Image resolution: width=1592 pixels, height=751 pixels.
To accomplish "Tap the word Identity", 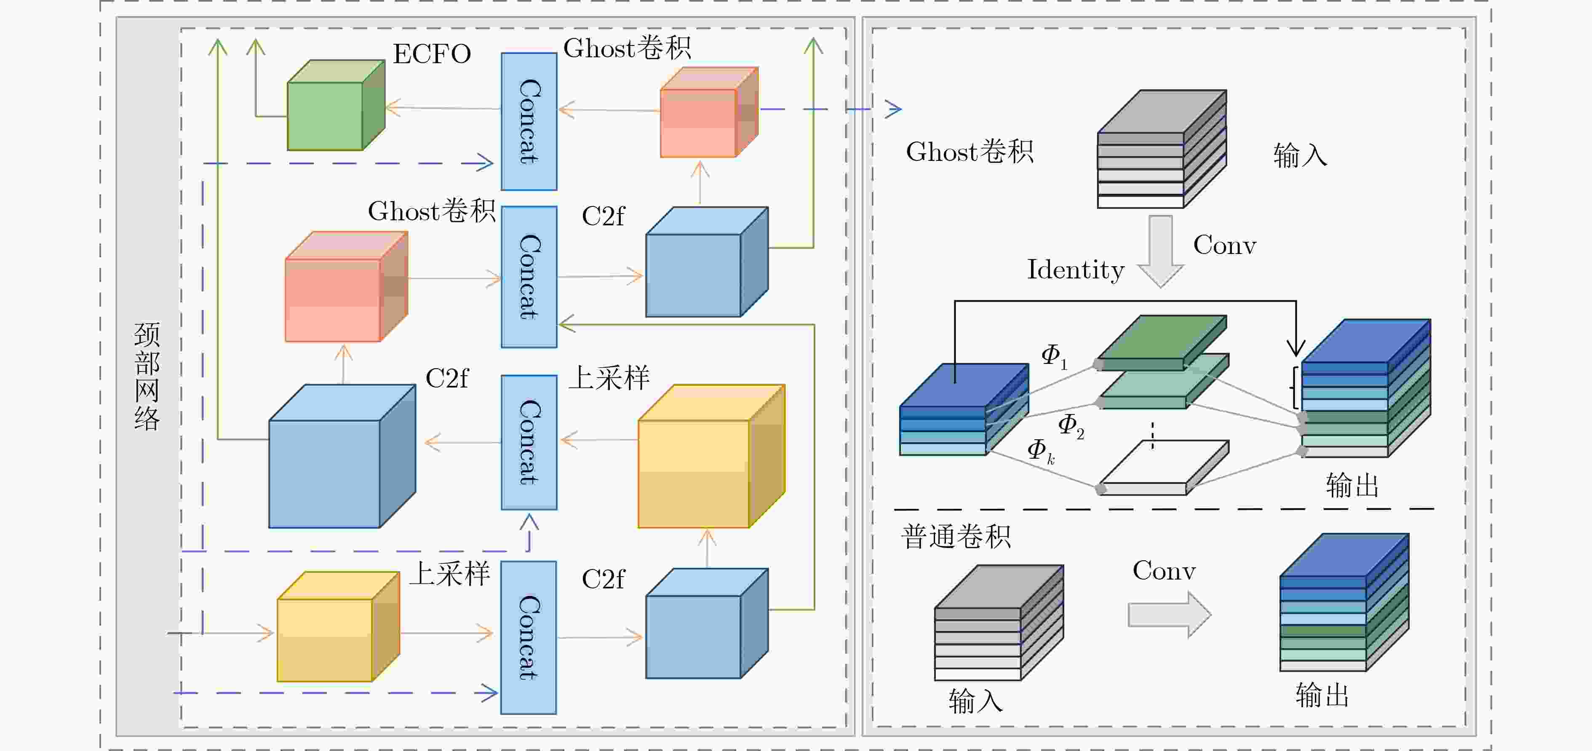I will tap(1075, 270).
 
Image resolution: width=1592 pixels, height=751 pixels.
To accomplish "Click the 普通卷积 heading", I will tap(956, 537).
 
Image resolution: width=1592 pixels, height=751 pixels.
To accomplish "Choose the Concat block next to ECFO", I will tap(529, 121).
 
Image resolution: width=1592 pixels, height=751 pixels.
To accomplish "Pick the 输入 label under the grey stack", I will tap(975, 701).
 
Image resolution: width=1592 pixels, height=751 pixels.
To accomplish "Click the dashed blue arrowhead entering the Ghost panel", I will tap(893, 110).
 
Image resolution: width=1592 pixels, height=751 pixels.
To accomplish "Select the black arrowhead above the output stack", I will tap(1296, 349).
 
